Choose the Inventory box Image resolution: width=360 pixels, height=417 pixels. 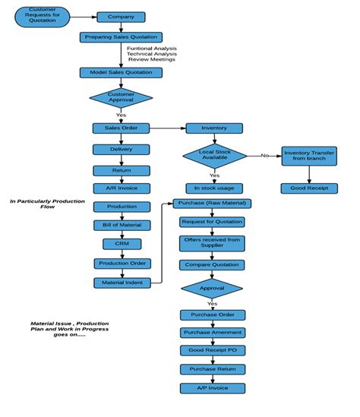[x=214, y=128]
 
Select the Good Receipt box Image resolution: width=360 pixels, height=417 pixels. [x=308, y=188]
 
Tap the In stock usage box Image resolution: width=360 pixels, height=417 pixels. [x=214, y=188]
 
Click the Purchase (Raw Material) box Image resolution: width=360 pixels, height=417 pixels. [x=212, y=204]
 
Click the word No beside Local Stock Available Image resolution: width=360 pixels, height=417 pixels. [x=264, y=155]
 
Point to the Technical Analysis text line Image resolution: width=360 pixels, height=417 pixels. [x=152, y=54]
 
